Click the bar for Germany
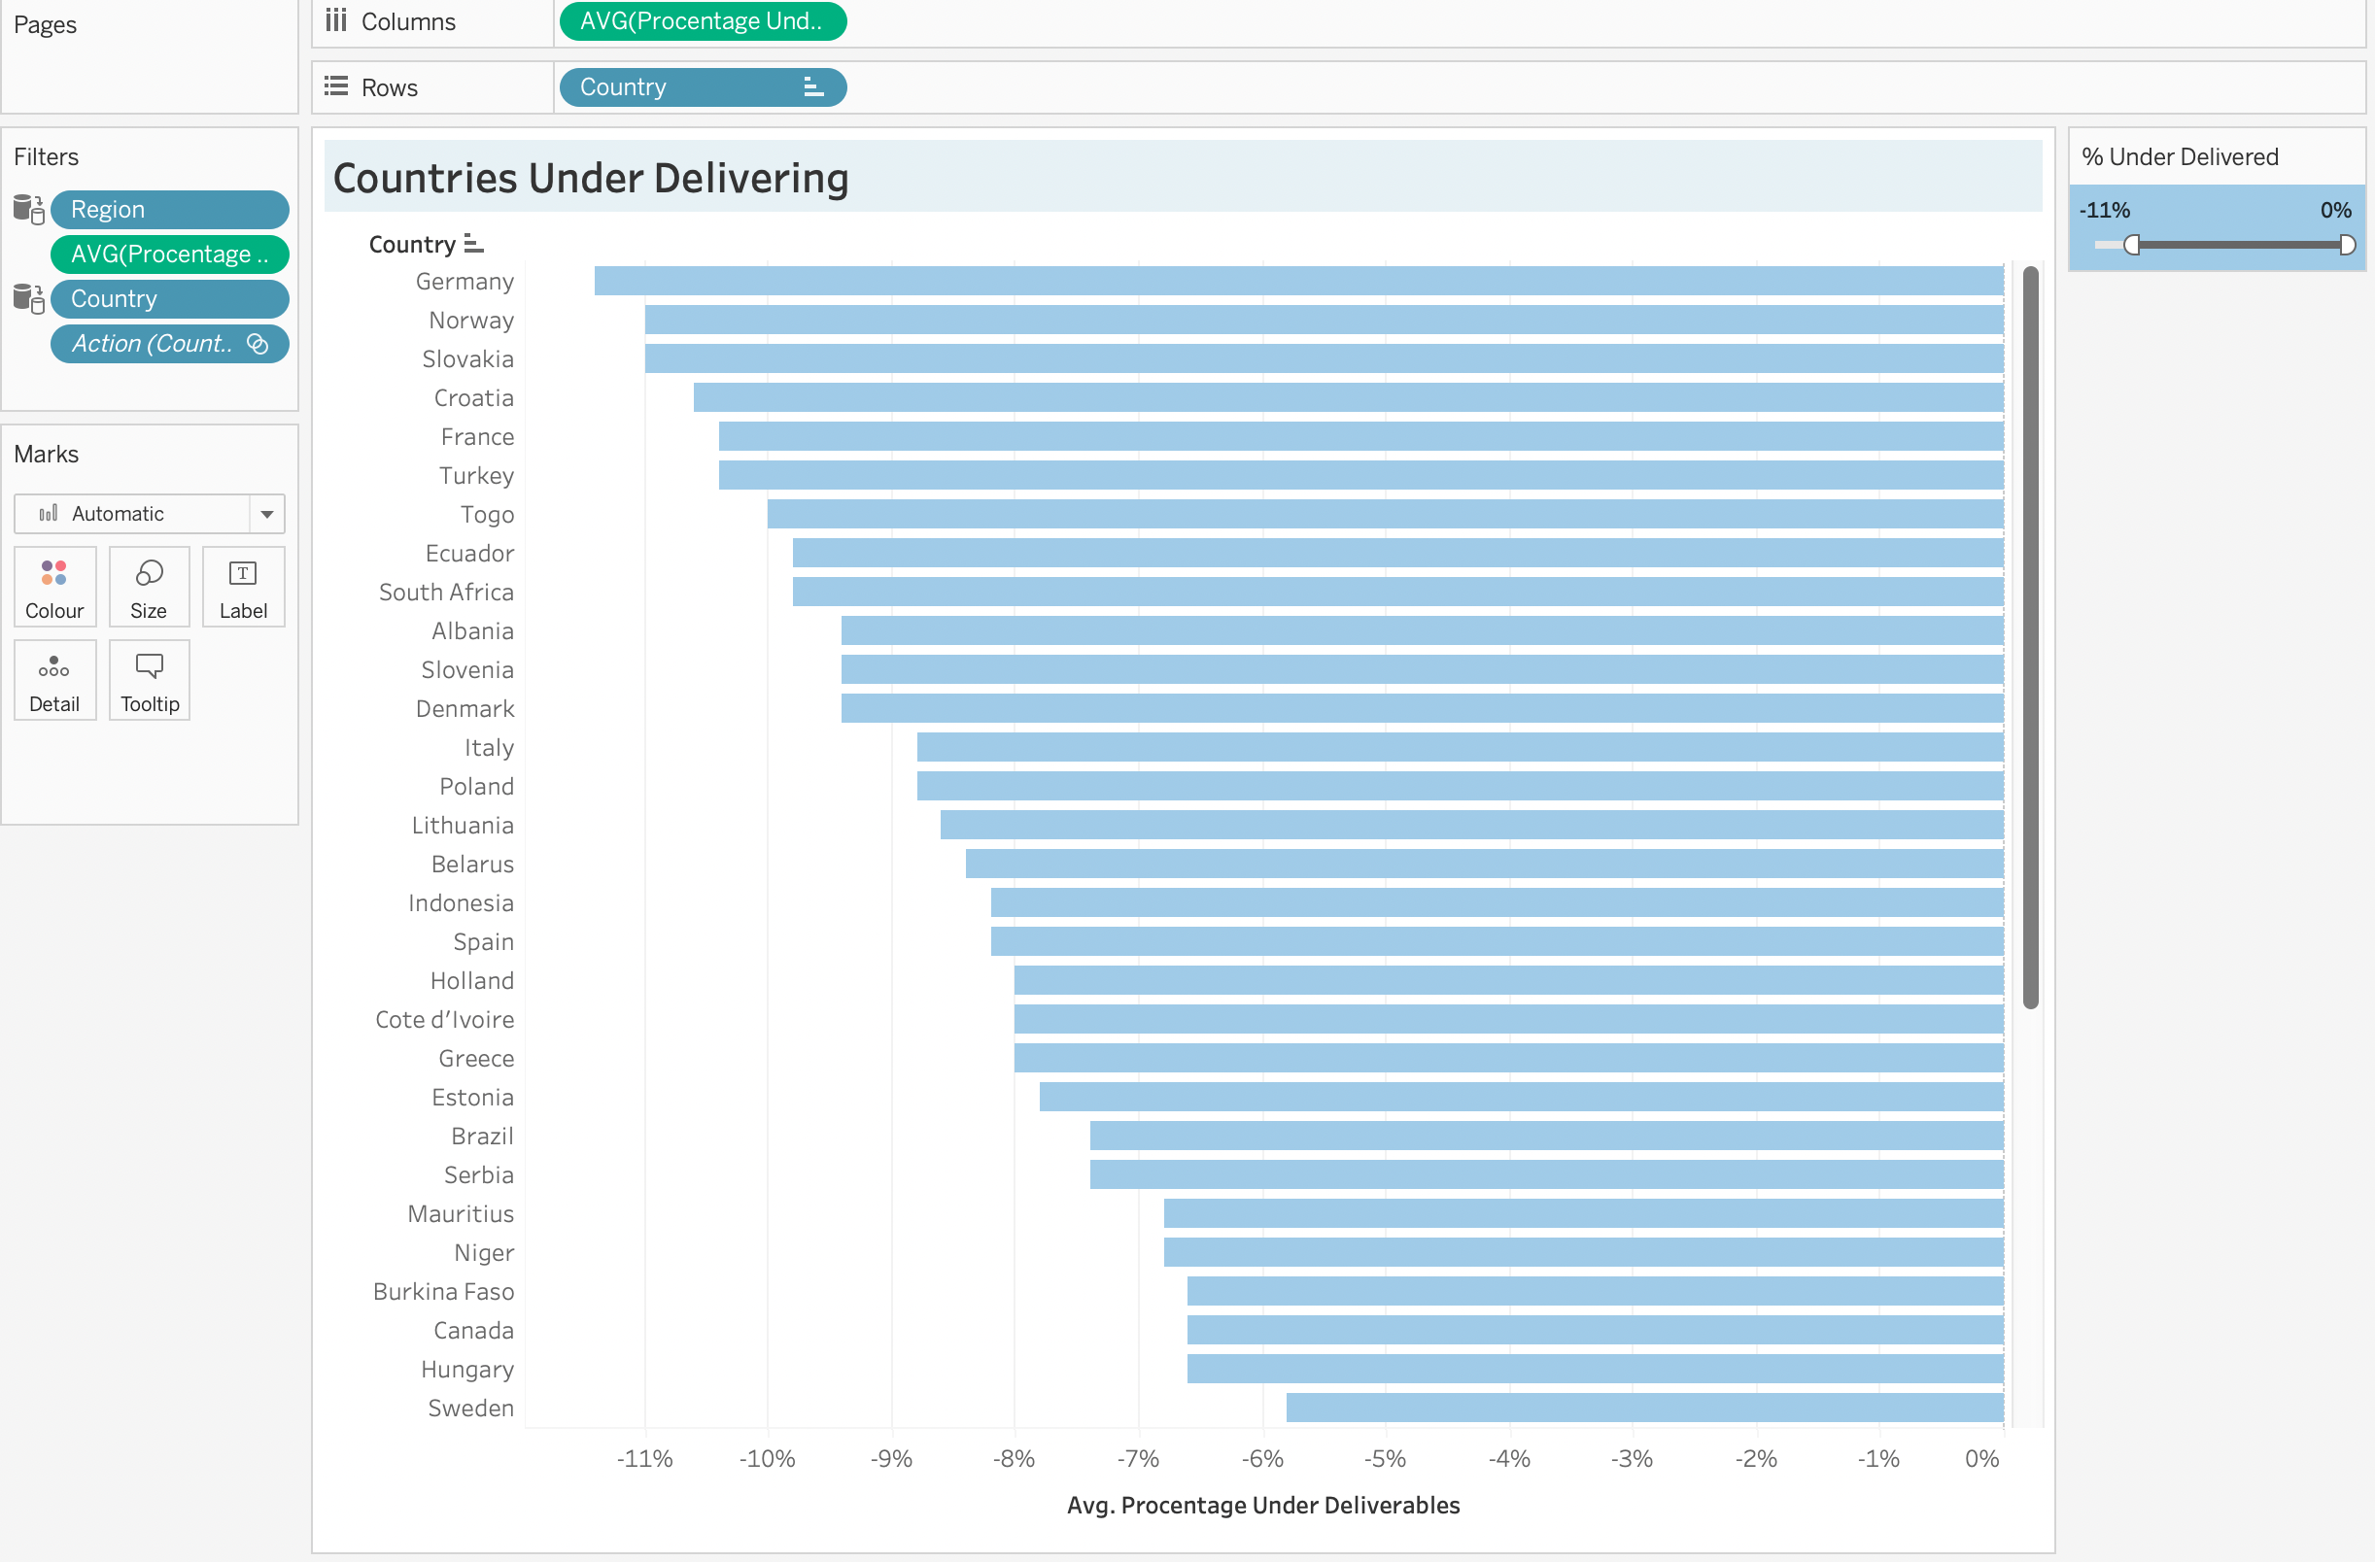point(1297,282)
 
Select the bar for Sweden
point(1644,1408)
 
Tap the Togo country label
point(486,515)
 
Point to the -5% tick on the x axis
point(1384,1458)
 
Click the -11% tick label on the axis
point(643,1458)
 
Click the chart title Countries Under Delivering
point(591,179)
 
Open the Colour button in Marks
point(54,587)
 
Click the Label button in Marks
point(243,587)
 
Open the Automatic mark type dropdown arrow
point(266,514)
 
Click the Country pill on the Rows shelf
point(702,86)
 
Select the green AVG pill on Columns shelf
point(702,21)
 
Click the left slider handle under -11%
point(2131,245)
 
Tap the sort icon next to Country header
point(474,244)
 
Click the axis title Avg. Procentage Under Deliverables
point(1262,1504)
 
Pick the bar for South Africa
point(1397,593)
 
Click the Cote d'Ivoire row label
point(444,1019)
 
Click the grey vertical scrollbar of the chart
point(2030,638)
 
